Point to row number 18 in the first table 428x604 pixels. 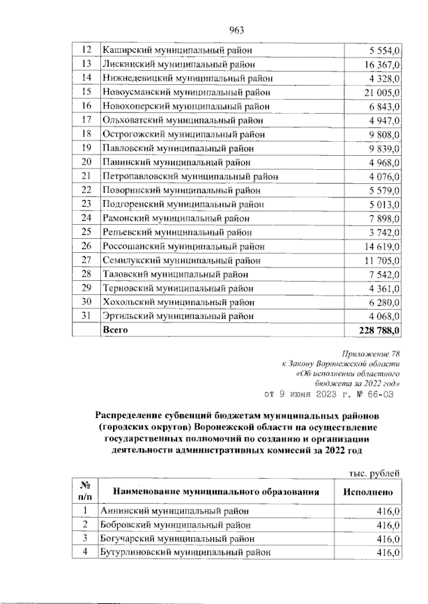[86, 134]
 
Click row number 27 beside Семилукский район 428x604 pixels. [86, 260]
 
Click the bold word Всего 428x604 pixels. [114, 330]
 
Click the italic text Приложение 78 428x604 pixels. [371, 355]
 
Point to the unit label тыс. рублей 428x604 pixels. [375, 474]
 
